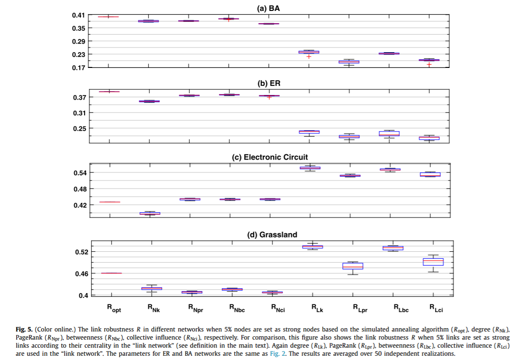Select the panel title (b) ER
coord(269,83)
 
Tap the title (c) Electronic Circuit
coord(269,157)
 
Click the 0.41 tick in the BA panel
coord(78,15)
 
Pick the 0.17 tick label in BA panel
coord(78,67)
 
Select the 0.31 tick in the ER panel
coord(79,113)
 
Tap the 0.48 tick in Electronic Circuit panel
coord(79,189)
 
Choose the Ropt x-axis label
coord(114,309)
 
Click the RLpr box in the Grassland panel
coord(352,266)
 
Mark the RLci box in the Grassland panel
coord(433,262)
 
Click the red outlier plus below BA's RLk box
coord(309,57)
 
